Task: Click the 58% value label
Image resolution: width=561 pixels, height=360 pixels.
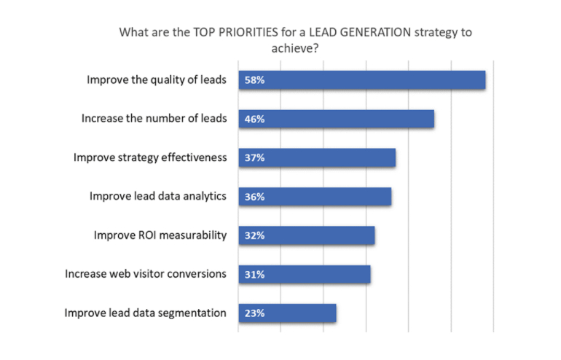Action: (254, 80)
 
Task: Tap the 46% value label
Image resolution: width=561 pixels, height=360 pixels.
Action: (254, 119)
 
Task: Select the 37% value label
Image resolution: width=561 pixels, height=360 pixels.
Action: (254, 158)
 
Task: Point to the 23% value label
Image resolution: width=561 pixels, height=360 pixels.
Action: (254, 313)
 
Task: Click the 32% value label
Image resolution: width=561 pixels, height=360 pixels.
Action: (254, 235)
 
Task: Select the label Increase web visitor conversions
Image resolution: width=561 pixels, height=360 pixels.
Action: (146, 275)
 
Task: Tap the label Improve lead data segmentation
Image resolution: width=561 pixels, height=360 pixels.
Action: (146, 313)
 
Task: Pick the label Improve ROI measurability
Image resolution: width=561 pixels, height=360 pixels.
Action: (160, 235)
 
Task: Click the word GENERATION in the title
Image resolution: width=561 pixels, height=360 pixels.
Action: (358, 33)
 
